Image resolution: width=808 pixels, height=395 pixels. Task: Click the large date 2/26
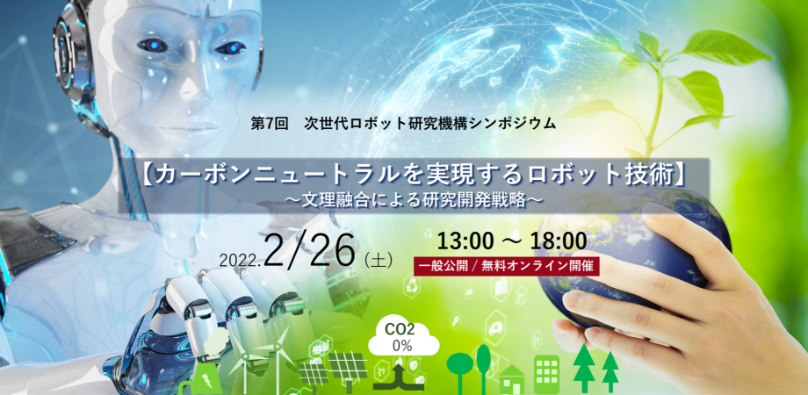(x=310, y=250)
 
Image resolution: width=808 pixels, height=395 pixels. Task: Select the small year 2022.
(x=240, y=261)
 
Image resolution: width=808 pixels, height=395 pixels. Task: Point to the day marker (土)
(x=379, y=260)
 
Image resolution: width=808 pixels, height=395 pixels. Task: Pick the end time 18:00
(x=557, y=241)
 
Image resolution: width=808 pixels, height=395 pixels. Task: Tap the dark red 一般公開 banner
(x=506, y=267)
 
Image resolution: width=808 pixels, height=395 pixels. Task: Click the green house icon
(x=512, y=379)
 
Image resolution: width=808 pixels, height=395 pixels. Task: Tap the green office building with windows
(x=547, y=374)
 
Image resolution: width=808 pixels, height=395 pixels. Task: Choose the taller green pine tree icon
(x=584, y=368)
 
